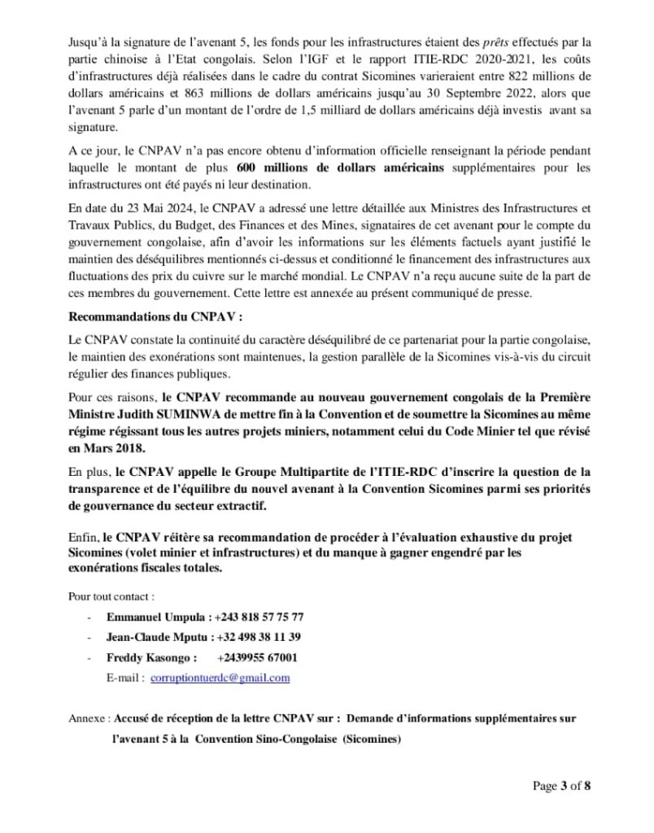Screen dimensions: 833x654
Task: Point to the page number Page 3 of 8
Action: tap(561, 786)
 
